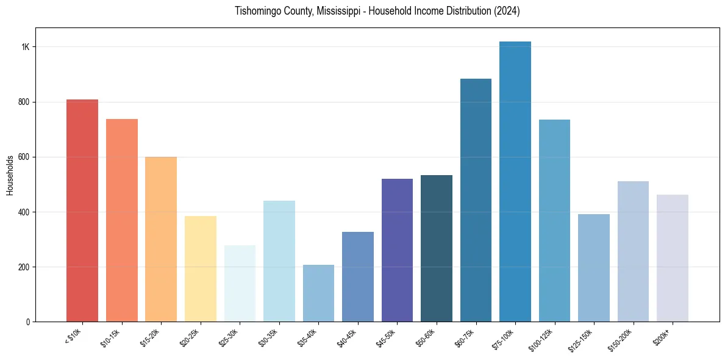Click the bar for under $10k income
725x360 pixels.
(82, 211)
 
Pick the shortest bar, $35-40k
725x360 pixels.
(318, 293)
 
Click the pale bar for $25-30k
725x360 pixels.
(240, 284)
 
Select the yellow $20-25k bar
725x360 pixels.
(201, 269)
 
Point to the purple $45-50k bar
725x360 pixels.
(397, 250)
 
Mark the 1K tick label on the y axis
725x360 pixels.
(26, 47)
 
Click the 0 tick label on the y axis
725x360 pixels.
(28, 322)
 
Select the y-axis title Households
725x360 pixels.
(10, 175)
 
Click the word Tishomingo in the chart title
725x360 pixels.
(259, 11)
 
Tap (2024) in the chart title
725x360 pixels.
(508, 11)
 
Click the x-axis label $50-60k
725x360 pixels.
(425, 337)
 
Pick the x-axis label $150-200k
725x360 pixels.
(621, 339)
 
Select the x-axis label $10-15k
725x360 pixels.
(110, 337)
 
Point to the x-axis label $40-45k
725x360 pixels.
(346, 337)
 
